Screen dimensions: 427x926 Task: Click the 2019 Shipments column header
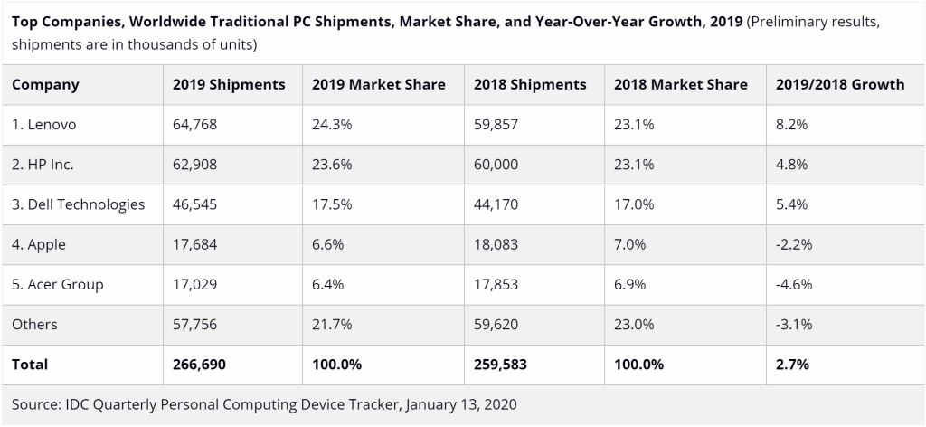coord(228,84)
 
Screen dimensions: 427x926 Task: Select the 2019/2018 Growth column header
coord(839,84)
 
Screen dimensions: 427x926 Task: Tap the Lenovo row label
coord(43,125)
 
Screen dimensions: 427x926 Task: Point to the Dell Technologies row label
coord(78,204)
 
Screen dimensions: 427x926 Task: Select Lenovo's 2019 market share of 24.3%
coord(331,125)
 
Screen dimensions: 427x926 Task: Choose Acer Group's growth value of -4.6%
coord(794,284)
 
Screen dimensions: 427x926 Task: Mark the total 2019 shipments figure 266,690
coord(199,365)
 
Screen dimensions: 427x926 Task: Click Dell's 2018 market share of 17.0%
coord(633,204)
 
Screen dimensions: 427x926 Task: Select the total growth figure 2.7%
coord(792,365)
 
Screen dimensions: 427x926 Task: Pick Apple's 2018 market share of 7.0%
coord(629,244)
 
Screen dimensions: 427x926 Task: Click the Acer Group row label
coord(58,284)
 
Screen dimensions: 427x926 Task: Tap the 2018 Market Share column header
coord(680,84)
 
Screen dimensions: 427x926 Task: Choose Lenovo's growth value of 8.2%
coord(792,125)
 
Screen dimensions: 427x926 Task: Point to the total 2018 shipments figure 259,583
coord(501,365)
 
